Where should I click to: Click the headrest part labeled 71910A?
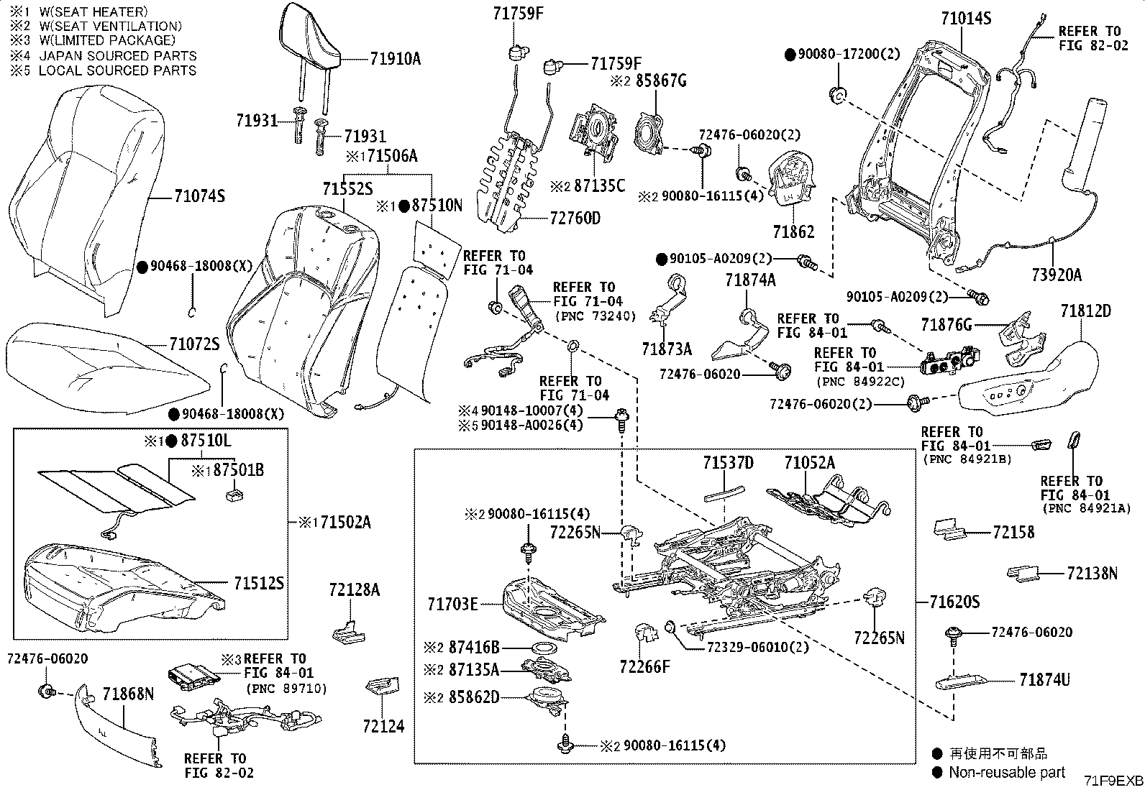[311, 36]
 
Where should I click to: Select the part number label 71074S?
[200, 196]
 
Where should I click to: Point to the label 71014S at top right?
[966, 18]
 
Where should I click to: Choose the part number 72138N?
[1092, 573]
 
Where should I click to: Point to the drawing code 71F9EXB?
[1113, 781]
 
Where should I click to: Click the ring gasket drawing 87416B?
[544, 648]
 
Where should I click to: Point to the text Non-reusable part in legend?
[1007, 772]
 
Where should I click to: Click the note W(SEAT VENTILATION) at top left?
[105, 26]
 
